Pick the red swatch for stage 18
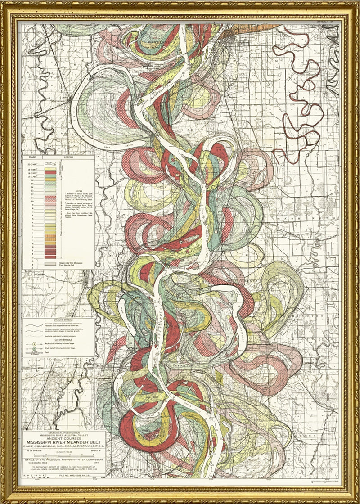50,172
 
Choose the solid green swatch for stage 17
50,176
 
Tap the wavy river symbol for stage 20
50,165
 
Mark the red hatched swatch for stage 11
50,198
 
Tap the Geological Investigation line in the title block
62,432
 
